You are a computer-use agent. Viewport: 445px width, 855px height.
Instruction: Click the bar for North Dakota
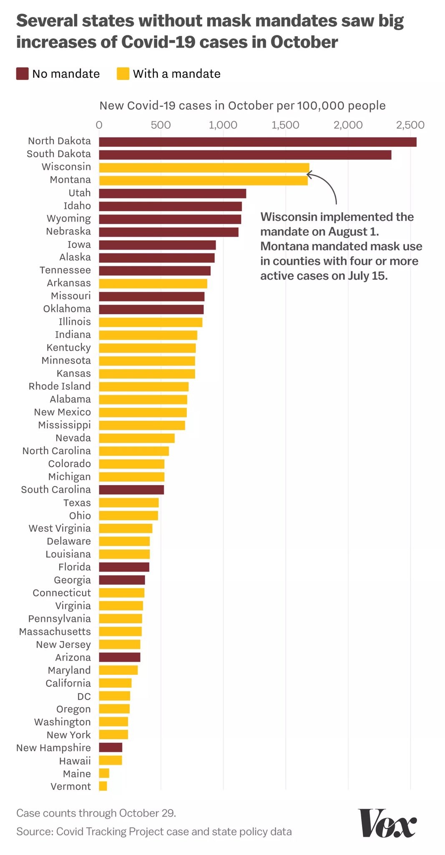click(x=257, y=142)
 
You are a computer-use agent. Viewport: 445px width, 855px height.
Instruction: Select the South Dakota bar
click(x=245, y=155)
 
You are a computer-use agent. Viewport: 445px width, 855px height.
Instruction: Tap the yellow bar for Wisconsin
click(x=204, y=167)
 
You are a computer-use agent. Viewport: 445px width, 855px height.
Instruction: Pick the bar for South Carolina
click(x=131, y=490)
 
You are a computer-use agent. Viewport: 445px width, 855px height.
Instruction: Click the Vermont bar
click(x=103, y=786)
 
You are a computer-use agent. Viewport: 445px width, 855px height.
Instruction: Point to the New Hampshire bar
click(x=111, y=747)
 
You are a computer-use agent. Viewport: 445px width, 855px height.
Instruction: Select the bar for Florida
click(x=124, y=567)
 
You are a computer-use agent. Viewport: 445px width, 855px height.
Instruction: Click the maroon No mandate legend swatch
click(x=22, y=74)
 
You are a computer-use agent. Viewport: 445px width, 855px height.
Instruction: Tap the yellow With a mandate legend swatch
click(x=123, y=74)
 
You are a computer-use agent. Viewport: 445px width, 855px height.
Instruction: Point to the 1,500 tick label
click(x=285, y=125)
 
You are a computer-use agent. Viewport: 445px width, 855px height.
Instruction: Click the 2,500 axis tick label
click(x=410, y=125)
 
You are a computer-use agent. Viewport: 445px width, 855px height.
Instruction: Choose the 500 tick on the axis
click(x=161, y=125)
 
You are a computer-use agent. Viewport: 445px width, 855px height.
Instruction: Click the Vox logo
click(x=387, y=822)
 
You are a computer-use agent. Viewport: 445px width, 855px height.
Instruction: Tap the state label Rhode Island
click(x=60, y=386)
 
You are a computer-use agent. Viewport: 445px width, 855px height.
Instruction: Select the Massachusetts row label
click(x=55, y=631)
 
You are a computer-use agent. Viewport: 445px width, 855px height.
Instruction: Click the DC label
click(x=84, y=696)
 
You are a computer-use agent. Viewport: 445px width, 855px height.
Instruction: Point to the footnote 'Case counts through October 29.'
click(x=96, y=813)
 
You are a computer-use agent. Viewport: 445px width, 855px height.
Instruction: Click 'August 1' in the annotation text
click(x=353, y=232)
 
